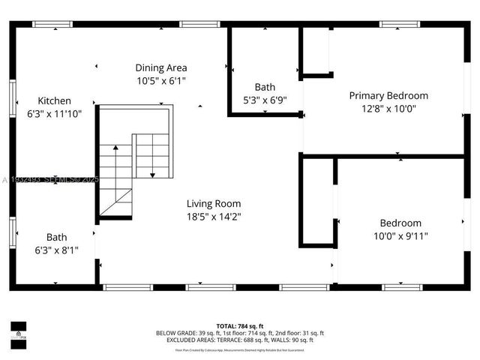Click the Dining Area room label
[161, 67]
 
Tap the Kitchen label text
[55, 100]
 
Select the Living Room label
[214, 203]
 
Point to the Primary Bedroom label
[388, 95]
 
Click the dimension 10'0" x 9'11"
[400, 235]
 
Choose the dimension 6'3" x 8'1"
[56, 249]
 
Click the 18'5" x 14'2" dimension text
[214, 216]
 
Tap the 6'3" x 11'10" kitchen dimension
[55, 113]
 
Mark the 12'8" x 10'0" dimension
[388, 108]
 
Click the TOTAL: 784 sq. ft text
[240, 325]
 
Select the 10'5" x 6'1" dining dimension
[161, 80]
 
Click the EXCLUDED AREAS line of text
[240, 340]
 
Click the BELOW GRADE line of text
[240, 333]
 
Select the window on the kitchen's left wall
[12, 100]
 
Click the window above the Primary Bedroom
[399, 24]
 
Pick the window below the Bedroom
[403, 286]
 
